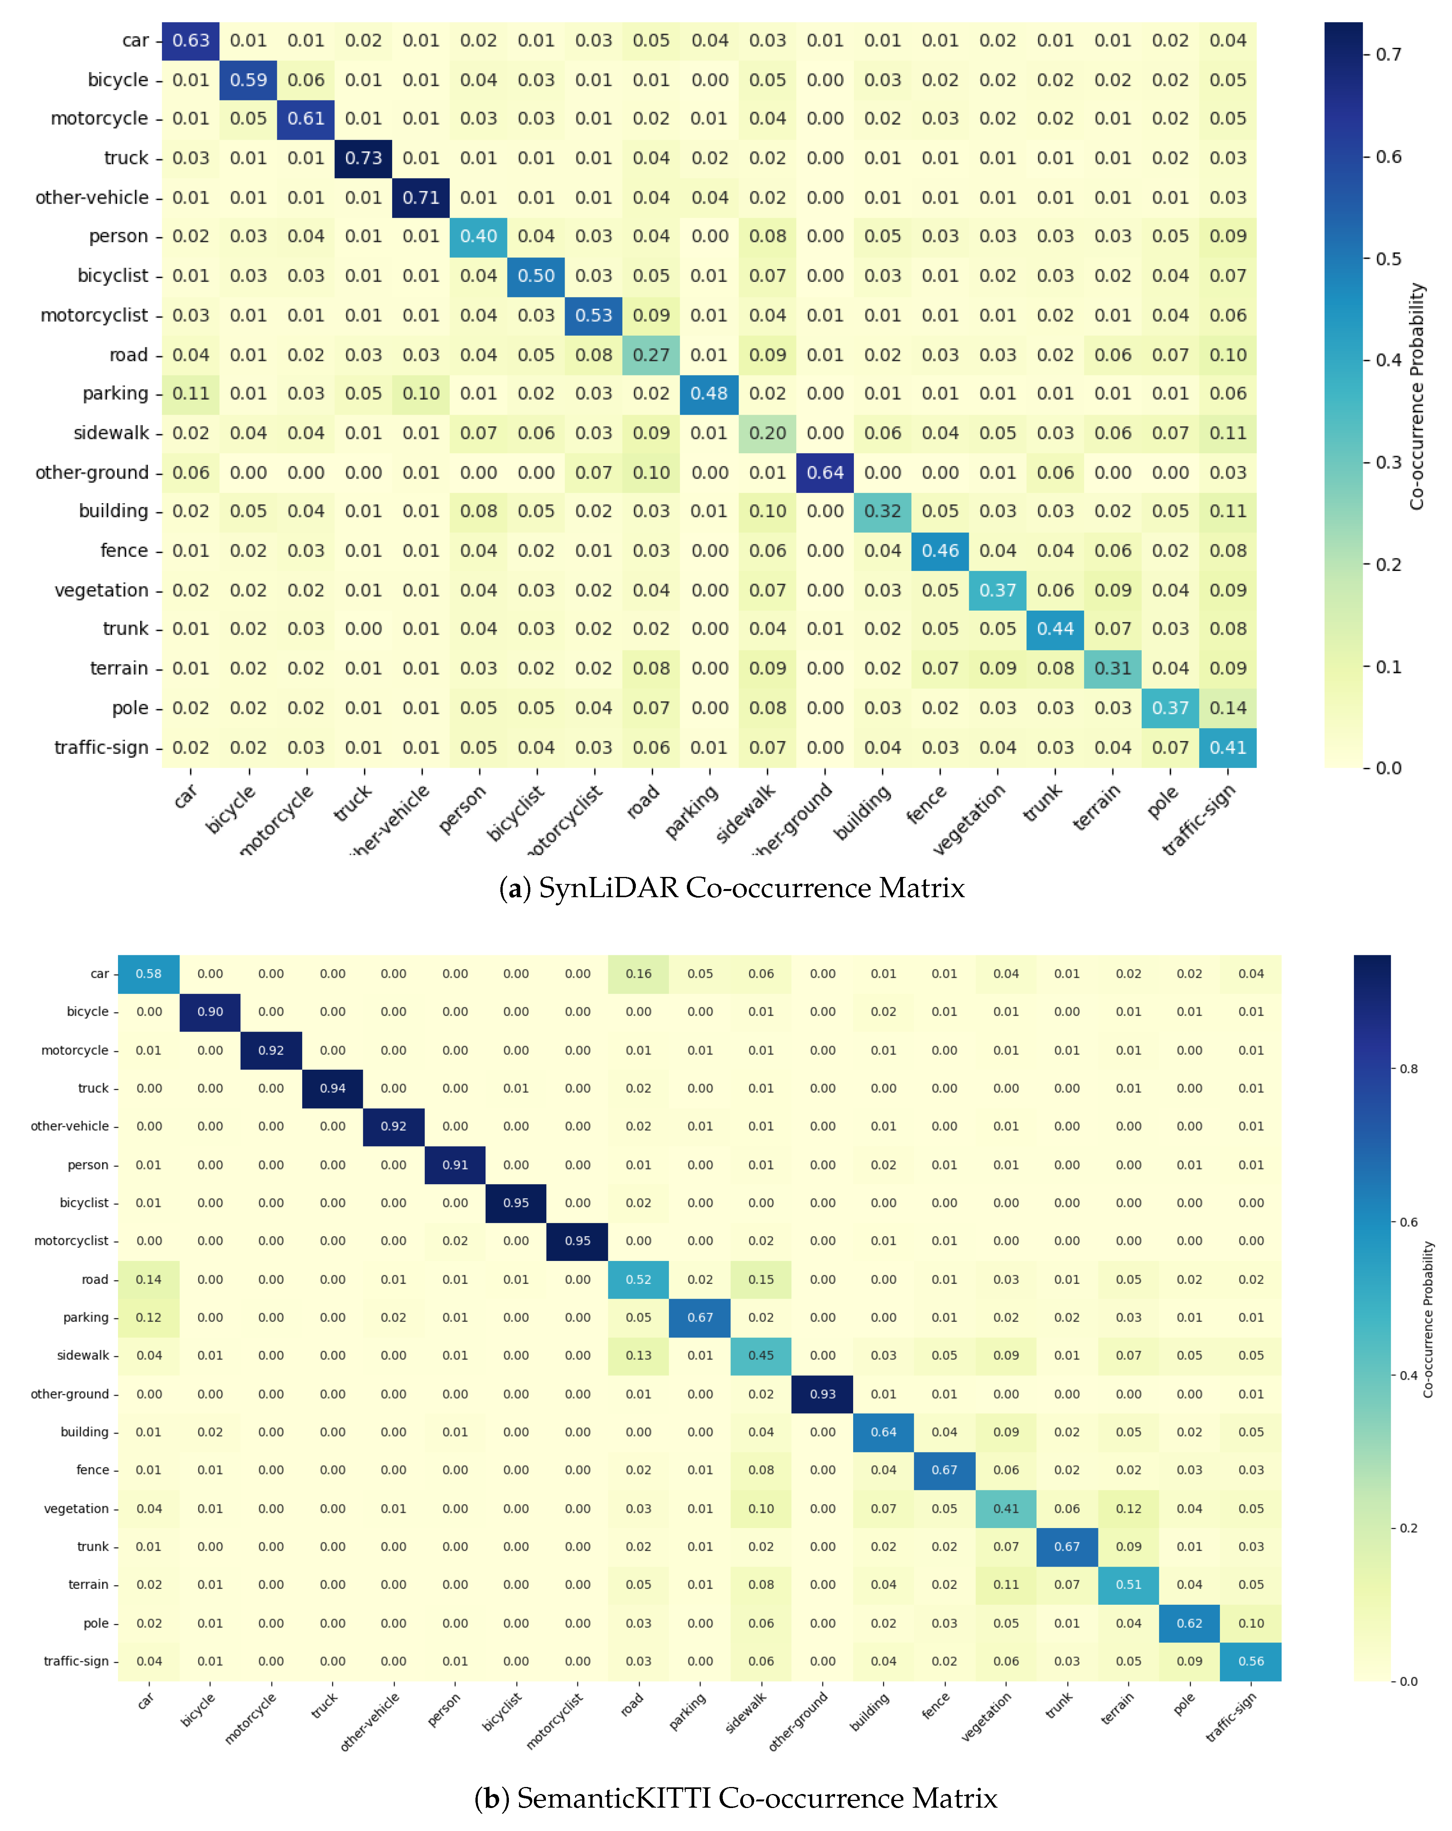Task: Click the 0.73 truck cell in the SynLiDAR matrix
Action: pos(363,158)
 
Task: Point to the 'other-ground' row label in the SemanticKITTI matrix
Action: pos(70,1394)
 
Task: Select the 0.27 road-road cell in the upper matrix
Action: pos(651,355)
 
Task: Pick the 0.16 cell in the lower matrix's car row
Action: pos(639,973)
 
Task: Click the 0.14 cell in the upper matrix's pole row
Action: pos(1228,708)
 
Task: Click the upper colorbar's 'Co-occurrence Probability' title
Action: pos(1416,396)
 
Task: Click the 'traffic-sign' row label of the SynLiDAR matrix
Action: pos(101,747)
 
